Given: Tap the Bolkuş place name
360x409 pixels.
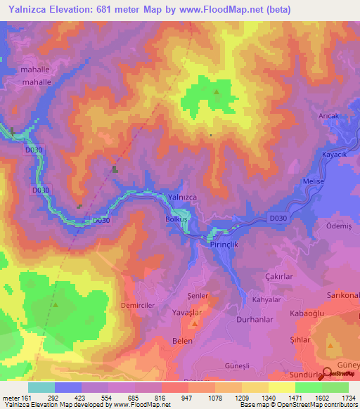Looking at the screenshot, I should pyautogui.click(x=176, y=219).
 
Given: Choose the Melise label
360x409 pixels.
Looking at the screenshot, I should pyautogui.click(x=313, y=181).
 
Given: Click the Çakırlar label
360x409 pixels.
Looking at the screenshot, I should pyautogui.click(x=278, y=277).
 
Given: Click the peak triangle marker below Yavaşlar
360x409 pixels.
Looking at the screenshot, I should pyautogui.click(x=195, y=324).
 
